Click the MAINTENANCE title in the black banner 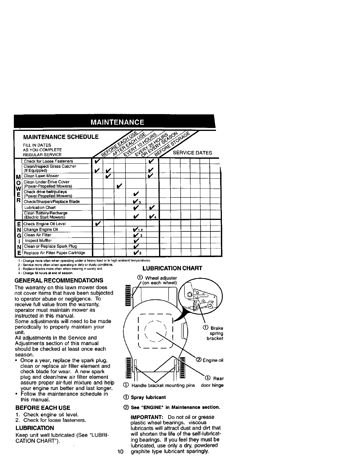[117, 122]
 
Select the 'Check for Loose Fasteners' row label [48, 161]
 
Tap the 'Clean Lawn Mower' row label [41, 176]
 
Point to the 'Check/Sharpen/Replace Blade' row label [51, 202]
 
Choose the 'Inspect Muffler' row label [38, 241]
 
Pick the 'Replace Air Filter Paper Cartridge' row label [54, 253]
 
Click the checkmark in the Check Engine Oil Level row [97, 223]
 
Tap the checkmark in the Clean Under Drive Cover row [119, 186]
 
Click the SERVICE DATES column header [192, 153]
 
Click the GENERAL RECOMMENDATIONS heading [59, 280]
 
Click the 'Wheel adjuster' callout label [161, 278]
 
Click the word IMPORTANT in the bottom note [146, 417]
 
